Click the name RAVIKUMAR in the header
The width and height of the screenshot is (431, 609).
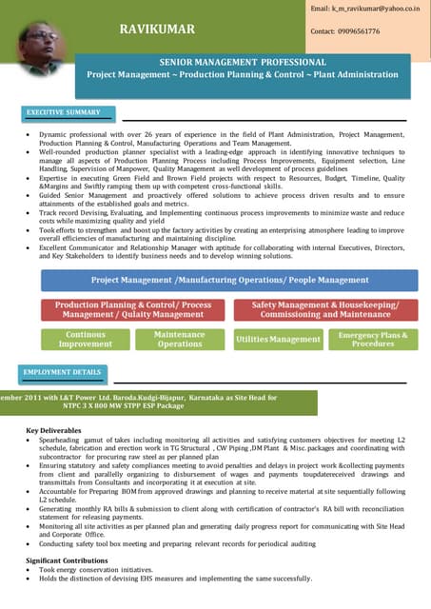pos(157,29)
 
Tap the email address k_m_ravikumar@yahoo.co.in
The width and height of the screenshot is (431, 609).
pos(365,9)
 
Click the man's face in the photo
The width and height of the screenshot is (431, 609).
pos(37,40)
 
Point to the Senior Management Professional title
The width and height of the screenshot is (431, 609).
pos(243,61)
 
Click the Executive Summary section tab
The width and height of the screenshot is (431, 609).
pos(63,112)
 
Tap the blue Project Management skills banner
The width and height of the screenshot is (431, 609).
pos(229,281)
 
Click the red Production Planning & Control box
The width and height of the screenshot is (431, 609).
pos(133,309)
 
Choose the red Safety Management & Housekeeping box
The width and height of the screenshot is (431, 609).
pos(325,309)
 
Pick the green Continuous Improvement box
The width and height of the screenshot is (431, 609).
pos(85,340)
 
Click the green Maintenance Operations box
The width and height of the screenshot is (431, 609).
pos(179,340)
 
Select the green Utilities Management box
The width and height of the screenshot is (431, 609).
pos(278,340)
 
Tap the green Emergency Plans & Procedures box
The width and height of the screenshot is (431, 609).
pos(372,340)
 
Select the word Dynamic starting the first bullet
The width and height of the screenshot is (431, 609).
pos(55,136)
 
